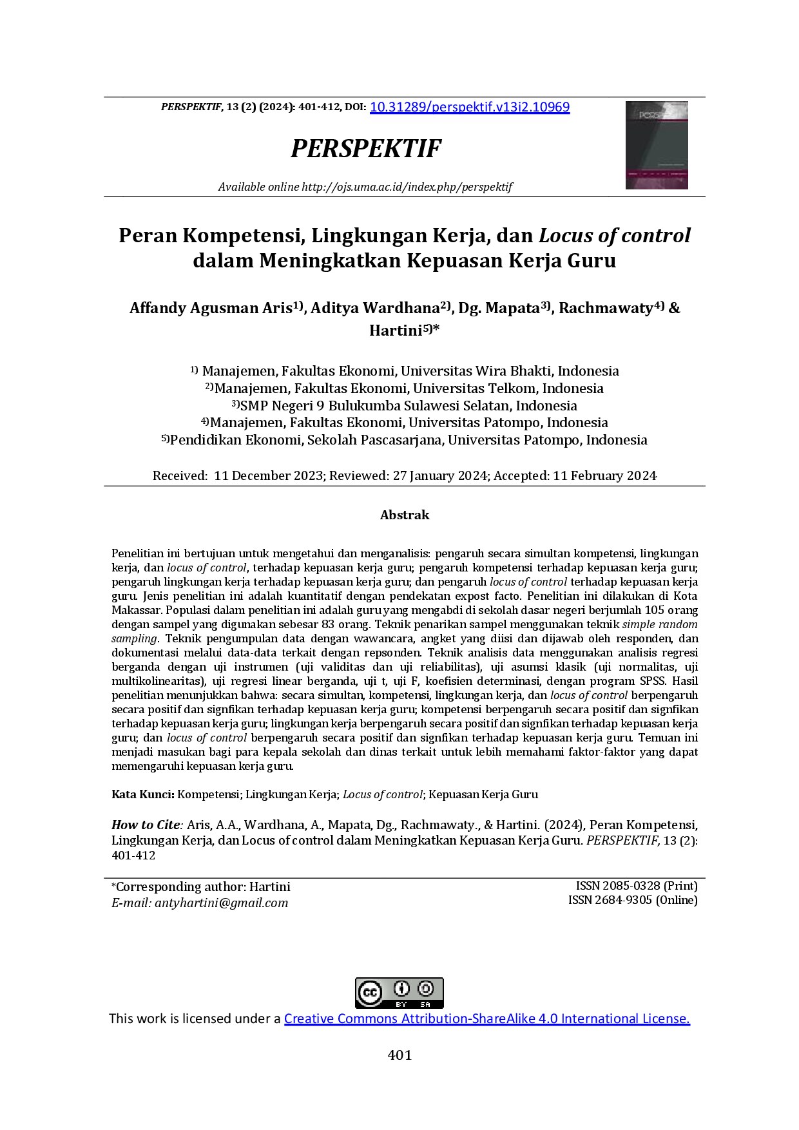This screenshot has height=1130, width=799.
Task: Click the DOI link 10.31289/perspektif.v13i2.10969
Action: point(470,108)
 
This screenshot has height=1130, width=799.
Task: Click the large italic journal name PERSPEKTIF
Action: point(366,149)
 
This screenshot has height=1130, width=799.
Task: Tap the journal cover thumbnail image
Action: point(657,145)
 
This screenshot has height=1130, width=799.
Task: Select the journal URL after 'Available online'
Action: point(407,187)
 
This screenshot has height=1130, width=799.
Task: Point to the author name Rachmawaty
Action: point(605,308)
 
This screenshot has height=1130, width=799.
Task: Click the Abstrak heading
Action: point(404,515)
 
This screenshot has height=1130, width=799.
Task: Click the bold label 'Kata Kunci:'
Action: point(143,794)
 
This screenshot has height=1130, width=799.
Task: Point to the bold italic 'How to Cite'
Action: point(146,825)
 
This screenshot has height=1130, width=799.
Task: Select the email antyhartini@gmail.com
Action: point(221,903)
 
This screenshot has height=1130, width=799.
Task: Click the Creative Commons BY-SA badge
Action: point(400,993)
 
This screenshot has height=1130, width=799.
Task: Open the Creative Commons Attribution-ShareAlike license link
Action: point(486,1019)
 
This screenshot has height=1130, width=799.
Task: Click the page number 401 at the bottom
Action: point(400,1055)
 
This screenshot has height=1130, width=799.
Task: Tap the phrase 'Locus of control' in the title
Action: point(614,236)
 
